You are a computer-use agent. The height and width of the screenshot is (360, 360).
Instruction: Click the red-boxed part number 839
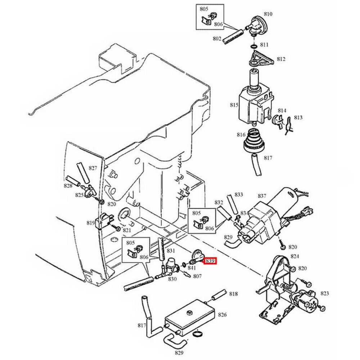coord(210,261)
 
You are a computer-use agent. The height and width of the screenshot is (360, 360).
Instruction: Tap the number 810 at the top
coord(278,14)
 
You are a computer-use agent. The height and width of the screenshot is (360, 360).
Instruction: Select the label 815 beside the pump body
coord(234,105)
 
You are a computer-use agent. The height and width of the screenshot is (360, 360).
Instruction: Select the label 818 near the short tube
coord(233,294)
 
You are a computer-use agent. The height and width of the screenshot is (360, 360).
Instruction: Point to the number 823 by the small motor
coord(324,293)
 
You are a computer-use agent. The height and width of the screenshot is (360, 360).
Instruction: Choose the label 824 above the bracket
coord(295,256)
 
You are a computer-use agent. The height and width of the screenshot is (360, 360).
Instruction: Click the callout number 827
coord(93,168)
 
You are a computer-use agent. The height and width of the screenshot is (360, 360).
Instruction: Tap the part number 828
coord(68,185)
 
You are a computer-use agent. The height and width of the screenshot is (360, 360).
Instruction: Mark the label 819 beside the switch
coord(90,223)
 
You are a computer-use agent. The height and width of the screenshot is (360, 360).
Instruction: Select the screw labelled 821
coord(118,228)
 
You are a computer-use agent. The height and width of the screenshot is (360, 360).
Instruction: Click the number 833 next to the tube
coord(238,194)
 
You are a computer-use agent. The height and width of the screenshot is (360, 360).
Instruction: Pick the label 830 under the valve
coord(172,279)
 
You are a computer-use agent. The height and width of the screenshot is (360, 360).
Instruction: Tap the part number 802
coord(217,39)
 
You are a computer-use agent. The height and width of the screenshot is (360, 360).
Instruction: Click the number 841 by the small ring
coord(192,267)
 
